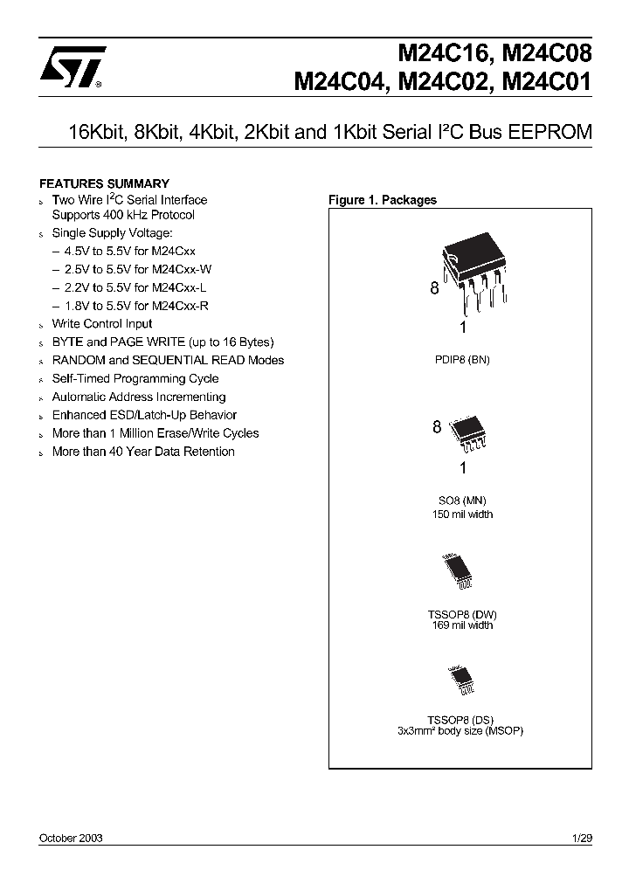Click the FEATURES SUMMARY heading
click(x=104, y=183)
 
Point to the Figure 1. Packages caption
click(x=382, y=200)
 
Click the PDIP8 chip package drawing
click(x=473, y=276)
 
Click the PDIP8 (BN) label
click(x=461, y=360)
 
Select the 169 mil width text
click(x=461, y=625)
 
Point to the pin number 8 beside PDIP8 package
click(x=434, y=289)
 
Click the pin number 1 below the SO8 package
click(x=462, y=467)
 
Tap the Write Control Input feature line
click(x=101, y=324)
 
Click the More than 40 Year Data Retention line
click(x=143, y=452)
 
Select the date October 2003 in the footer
click(x=71, y=838)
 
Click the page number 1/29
click(x=582, y=838)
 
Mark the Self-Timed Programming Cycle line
click(x=135, y=379)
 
